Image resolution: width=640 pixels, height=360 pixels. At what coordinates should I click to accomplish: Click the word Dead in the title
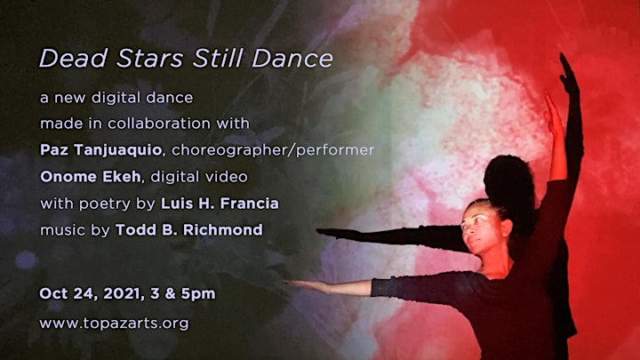(x=74, y=59)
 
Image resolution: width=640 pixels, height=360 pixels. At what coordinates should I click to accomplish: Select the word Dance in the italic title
(x=292, y=59)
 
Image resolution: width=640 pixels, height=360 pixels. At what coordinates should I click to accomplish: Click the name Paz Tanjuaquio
(x=100, y=150)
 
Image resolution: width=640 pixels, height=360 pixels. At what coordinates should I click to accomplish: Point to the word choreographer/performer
(x=273, y=150)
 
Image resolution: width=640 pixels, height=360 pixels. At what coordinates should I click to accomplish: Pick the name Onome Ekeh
(x=90, y=176)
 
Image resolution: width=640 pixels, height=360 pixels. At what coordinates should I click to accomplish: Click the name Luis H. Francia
(x=220, y=204)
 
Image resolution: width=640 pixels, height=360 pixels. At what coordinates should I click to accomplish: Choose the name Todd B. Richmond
(x=189, y=230)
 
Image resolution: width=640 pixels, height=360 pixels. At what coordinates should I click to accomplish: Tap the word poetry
(x=105, y=204)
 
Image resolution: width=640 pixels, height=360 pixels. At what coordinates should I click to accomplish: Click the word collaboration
(x=159, y=124)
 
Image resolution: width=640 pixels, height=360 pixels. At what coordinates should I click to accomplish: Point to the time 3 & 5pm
(x=182, y=294)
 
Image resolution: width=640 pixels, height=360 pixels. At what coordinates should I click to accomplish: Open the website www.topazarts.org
(x=115, y=324)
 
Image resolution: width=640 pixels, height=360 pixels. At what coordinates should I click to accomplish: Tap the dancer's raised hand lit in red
(x=552, y=114)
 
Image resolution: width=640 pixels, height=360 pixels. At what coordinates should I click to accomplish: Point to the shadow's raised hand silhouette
(x=569, y=75)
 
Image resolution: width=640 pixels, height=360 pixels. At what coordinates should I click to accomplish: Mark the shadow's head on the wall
(x=508, y=180)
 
